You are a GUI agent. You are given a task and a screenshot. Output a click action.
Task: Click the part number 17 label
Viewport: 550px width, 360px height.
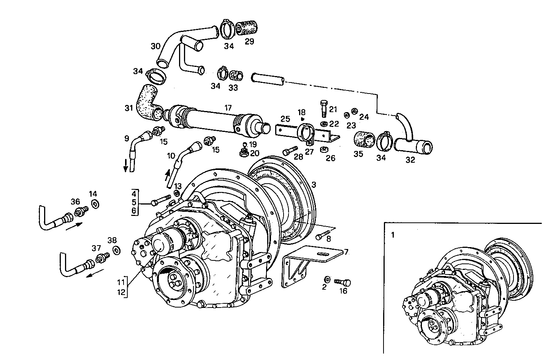pyautogui.click(x=228, y=108)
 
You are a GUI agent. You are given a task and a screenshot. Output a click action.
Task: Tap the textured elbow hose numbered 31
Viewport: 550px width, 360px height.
pyautogui.click(x=147, y=100)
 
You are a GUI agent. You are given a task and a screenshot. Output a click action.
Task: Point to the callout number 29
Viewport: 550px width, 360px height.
pyautogui.click(x=249, y=42)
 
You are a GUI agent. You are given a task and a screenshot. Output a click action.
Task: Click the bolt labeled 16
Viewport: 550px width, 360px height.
pyautogui.click(x=342, y=282)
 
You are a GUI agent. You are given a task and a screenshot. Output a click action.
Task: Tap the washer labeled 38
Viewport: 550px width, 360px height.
pyautogui.click(x=117, y=251)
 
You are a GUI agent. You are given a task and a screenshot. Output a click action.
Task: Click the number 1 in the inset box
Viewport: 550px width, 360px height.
pyautogui.click(x=393, y=235)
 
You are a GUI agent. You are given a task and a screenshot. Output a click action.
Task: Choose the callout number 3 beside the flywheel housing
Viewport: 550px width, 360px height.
pyautogui.click(x=314, y=185)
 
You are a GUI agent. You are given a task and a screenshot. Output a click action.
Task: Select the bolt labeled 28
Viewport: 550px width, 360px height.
pyautogui.click(x=291, y=151)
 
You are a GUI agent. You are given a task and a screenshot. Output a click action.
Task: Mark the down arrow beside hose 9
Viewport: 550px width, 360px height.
pyautogui.click(x=125, y=166)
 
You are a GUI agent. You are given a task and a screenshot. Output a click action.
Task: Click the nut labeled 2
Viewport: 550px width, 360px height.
pyautogui.click(x=327, y=279)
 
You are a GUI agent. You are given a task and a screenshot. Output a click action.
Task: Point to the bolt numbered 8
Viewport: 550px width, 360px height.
pyautogui.click(x=322, y=236)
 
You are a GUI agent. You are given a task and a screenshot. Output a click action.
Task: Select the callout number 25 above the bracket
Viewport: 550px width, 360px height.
pyautogui.click(x=285, y=119)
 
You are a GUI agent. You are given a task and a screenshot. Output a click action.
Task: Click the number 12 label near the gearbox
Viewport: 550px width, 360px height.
pyautogui.click(x=121, y=293)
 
